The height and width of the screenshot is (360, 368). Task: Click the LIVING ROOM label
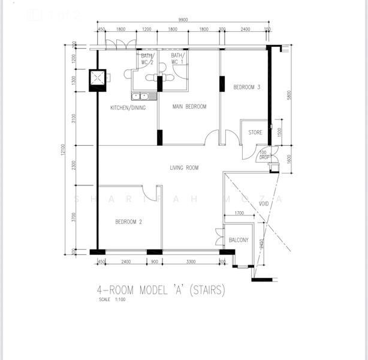(x=184, y=168)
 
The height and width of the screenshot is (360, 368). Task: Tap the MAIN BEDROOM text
(x=189, y=107)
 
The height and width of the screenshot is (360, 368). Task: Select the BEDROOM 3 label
(x=246, y=88)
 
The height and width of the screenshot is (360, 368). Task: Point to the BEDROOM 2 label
(x=128, y=222)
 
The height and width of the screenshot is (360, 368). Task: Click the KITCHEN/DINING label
(x=128, y=108)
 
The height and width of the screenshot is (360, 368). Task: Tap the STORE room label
(x=255, y=133)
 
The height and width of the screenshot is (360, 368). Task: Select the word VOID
(x=264, y=204)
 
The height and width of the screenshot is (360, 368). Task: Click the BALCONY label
(x=239, y=240)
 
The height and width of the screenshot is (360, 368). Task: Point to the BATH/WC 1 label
(x=178, y=59)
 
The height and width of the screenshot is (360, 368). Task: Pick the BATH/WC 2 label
(x=147, y=59)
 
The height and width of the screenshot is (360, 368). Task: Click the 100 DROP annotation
(x=263, y=155)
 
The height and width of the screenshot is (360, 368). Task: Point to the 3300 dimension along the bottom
(x=190, y=261)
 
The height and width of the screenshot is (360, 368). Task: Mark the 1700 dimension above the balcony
(x=239, y=213)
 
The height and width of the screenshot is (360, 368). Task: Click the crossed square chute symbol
(x=97, y=79)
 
